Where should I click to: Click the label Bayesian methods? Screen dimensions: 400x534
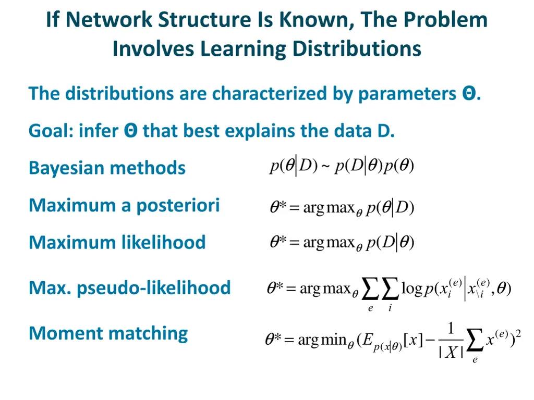[107, 168]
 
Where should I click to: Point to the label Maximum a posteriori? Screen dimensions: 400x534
[124, 205]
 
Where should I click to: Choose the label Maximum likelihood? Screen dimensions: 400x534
[117, 242]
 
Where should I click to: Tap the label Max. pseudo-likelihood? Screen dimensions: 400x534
[129, 287]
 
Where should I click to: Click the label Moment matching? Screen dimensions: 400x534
[108, 333]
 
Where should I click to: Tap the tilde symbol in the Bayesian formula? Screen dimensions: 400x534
[325, 167]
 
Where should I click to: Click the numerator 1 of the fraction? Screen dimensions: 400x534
[451, 329]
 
